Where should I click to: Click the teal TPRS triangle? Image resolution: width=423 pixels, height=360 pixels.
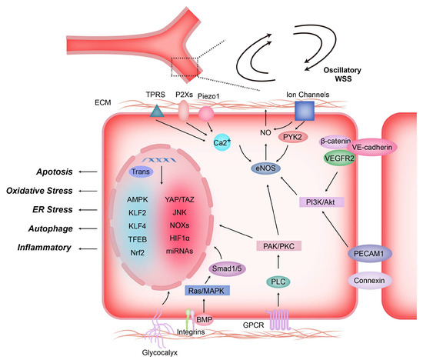(x=158, y=112)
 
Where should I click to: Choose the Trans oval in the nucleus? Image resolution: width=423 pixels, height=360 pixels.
(x=144, y=171)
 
